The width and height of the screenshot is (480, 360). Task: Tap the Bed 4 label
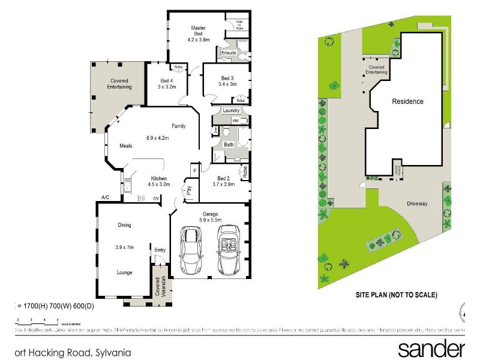(x=167, y=81)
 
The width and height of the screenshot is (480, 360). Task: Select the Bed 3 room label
(x=226, y=79)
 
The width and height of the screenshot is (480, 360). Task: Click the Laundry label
(x=231, y=110)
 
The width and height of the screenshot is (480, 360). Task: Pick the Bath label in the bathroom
(x=229, y=145)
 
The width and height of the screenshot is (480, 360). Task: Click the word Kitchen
(x=158, y=178)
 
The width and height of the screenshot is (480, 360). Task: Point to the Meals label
(x=125, y=145)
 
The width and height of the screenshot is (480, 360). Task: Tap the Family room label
(x=179, y=126)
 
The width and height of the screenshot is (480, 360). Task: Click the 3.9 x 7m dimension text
(x=124, y=247)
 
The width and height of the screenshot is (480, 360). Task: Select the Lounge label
(x=124, y=272)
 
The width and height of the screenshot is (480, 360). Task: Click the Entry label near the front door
(x=160, y=250)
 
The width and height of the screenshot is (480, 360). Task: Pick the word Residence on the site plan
(x=407, y=101)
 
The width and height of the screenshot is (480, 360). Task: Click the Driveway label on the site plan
(x=416, y=204)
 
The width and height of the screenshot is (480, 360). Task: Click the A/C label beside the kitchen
(x=105, y=197)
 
